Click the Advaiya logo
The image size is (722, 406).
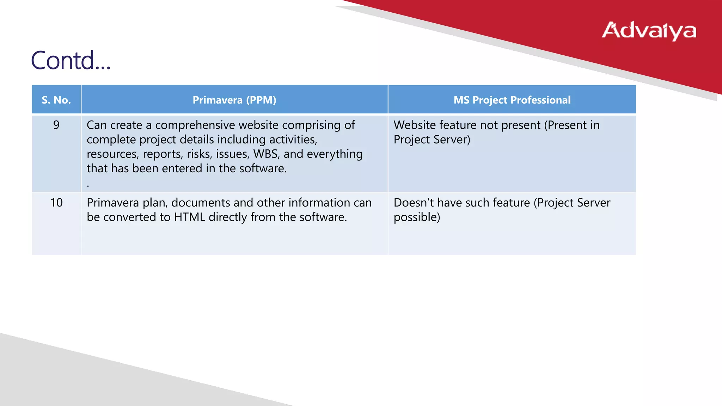point(649,31)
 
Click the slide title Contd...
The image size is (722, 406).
point(71,60)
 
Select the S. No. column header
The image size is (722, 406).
point(56,100)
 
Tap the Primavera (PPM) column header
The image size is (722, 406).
point(234,100)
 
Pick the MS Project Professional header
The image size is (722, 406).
point(512,100)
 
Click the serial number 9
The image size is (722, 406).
point(56,125)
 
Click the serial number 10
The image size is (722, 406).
point(56,203)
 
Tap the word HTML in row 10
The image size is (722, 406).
point(189,217)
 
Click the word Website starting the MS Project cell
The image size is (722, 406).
point(414,125)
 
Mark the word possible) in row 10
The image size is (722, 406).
point(417,217)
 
